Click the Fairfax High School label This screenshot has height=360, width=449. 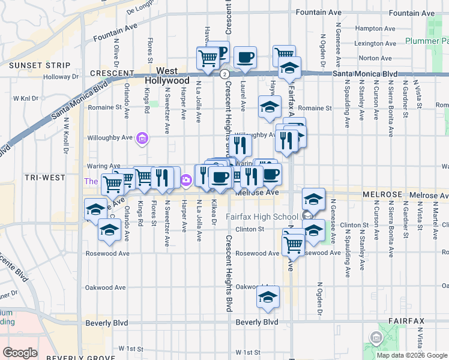(262, 217)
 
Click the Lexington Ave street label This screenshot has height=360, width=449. (376, 43)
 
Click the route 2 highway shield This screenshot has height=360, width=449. (224, 74)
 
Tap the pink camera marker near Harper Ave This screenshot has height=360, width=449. (185, 179)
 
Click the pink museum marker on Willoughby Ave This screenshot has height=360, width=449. (142, 139)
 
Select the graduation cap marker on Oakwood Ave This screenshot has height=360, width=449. (268, 297)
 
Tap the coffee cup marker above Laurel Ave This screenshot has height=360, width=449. (244, 58)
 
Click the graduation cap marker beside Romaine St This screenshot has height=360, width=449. (270, 107)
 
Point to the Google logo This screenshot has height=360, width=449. (20, 352)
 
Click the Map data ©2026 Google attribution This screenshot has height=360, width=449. (411, 355)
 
